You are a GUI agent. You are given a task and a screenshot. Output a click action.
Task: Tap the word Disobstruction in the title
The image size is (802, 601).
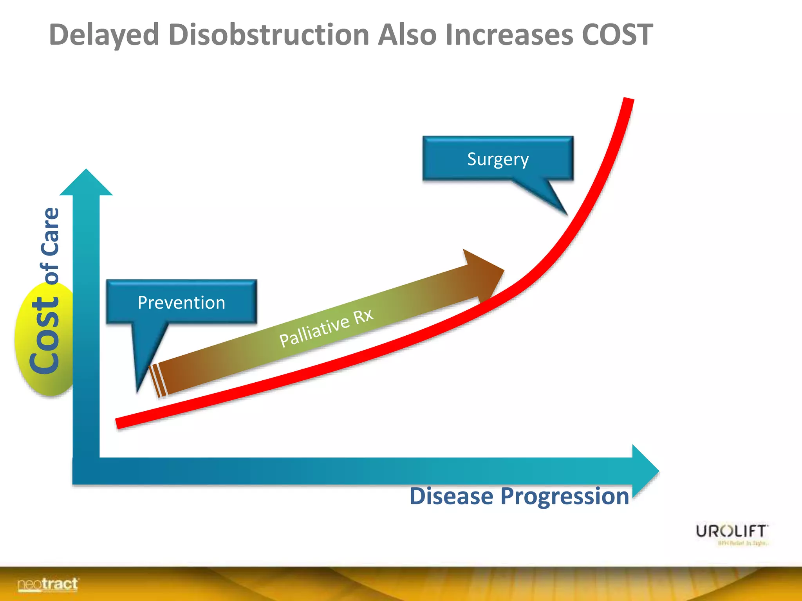(269, 35)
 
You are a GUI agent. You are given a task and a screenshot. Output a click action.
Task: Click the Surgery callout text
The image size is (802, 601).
(498, 159)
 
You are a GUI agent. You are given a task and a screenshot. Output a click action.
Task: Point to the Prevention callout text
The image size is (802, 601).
(181, 303)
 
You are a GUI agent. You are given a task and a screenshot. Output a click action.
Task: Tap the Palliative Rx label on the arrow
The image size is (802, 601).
(326, 328)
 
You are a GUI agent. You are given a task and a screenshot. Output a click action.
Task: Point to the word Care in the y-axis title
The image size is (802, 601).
(51, 231)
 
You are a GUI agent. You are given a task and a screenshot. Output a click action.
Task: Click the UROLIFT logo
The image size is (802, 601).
(732, 531)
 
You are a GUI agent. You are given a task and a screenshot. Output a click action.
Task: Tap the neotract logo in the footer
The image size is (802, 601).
(47, 585)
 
